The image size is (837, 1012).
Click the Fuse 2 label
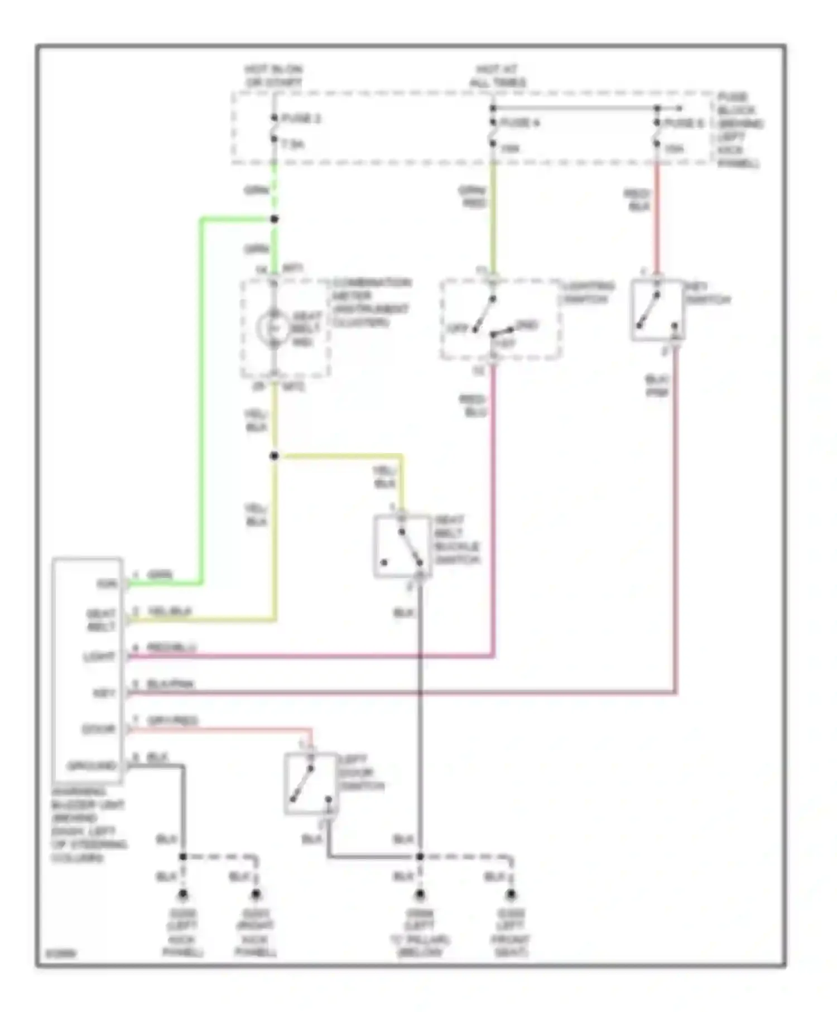(301, 119)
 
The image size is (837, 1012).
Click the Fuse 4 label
(519, 123)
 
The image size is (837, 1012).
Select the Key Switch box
(657, 310)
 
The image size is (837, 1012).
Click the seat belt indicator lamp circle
(273, 329)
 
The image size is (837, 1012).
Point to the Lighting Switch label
(587, 293)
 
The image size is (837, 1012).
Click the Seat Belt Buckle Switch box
(402, 546)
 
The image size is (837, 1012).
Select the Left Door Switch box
(311, 783)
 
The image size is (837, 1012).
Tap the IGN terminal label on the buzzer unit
(107, 584)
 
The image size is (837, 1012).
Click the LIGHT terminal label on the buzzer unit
(100, 657)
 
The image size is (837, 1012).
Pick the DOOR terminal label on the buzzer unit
(99, 729)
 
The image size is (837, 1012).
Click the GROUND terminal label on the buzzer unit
(92, 766)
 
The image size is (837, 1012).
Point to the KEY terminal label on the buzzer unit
(104, 693)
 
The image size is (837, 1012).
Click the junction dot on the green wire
(274, 219)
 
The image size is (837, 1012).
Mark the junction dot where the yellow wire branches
(274, 456)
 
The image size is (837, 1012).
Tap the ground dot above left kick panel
(182, 895)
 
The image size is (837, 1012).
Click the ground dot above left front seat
(511, 895)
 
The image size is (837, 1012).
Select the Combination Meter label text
(371, 302)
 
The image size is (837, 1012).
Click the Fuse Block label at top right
(739, 130)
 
